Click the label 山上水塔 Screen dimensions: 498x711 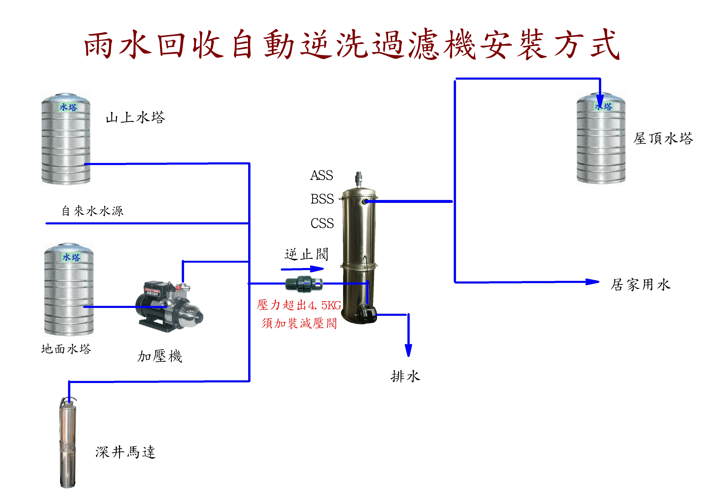coord(135,117)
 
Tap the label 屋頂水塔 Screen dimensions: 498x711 coord(663,138)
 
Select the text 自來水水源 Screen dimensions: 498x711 coord(92,211)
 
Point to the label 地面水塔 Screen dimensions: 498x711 coord(66,349)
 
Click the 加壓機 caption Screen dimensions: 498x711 coord(159,356)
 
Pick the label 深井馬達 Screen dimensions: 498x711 coord(125,452)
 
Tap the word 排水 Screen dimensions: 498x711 coord(405,376)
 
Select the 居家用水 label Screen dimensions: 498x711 coord(640,284)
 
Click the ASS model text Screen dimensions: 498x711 coord(321,175)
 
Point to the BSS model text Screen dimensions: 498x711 coord(322,199)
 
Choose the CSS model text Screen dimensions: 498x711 coord(322,223)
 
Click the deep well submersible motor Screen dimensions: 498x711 coord(68,443)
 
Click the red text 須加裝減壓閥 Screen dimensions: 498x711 coord(299,323)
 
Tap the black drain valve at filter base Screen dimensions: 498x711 coord(367,313)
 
